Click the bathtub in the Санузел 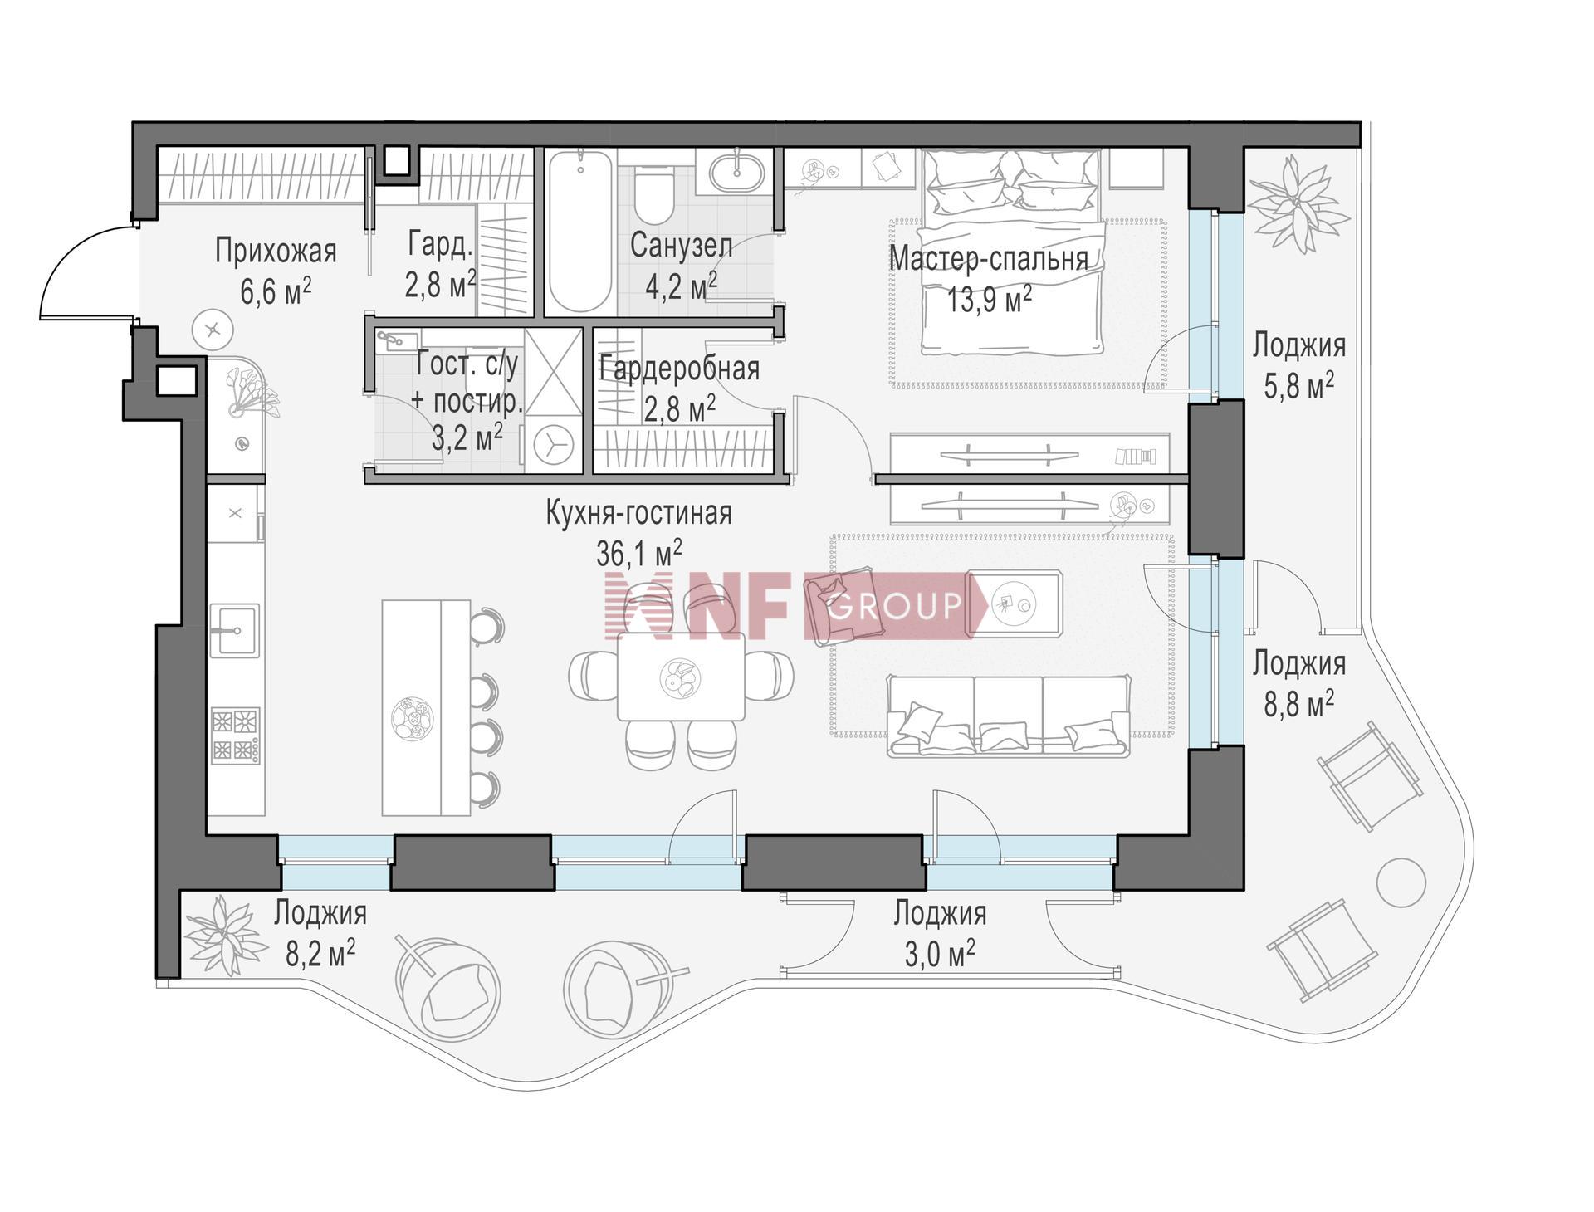tap(580, 231)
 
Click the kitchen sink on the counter tap(235, 630)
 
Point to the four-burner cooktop tap(236, 735)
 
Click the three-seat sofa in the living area tap(1009, 715)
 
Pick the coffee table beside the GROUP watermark tap(1015, 604)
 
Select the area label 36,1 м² tap(639, 552)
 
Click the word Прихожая tap(276, 250)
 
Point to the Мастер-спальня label tap(988, 258)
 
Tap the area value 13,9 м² tap(990, 299)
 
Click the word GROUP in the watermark tap(895, 605)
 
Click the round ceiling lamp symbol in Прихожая tap(213, 330)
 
